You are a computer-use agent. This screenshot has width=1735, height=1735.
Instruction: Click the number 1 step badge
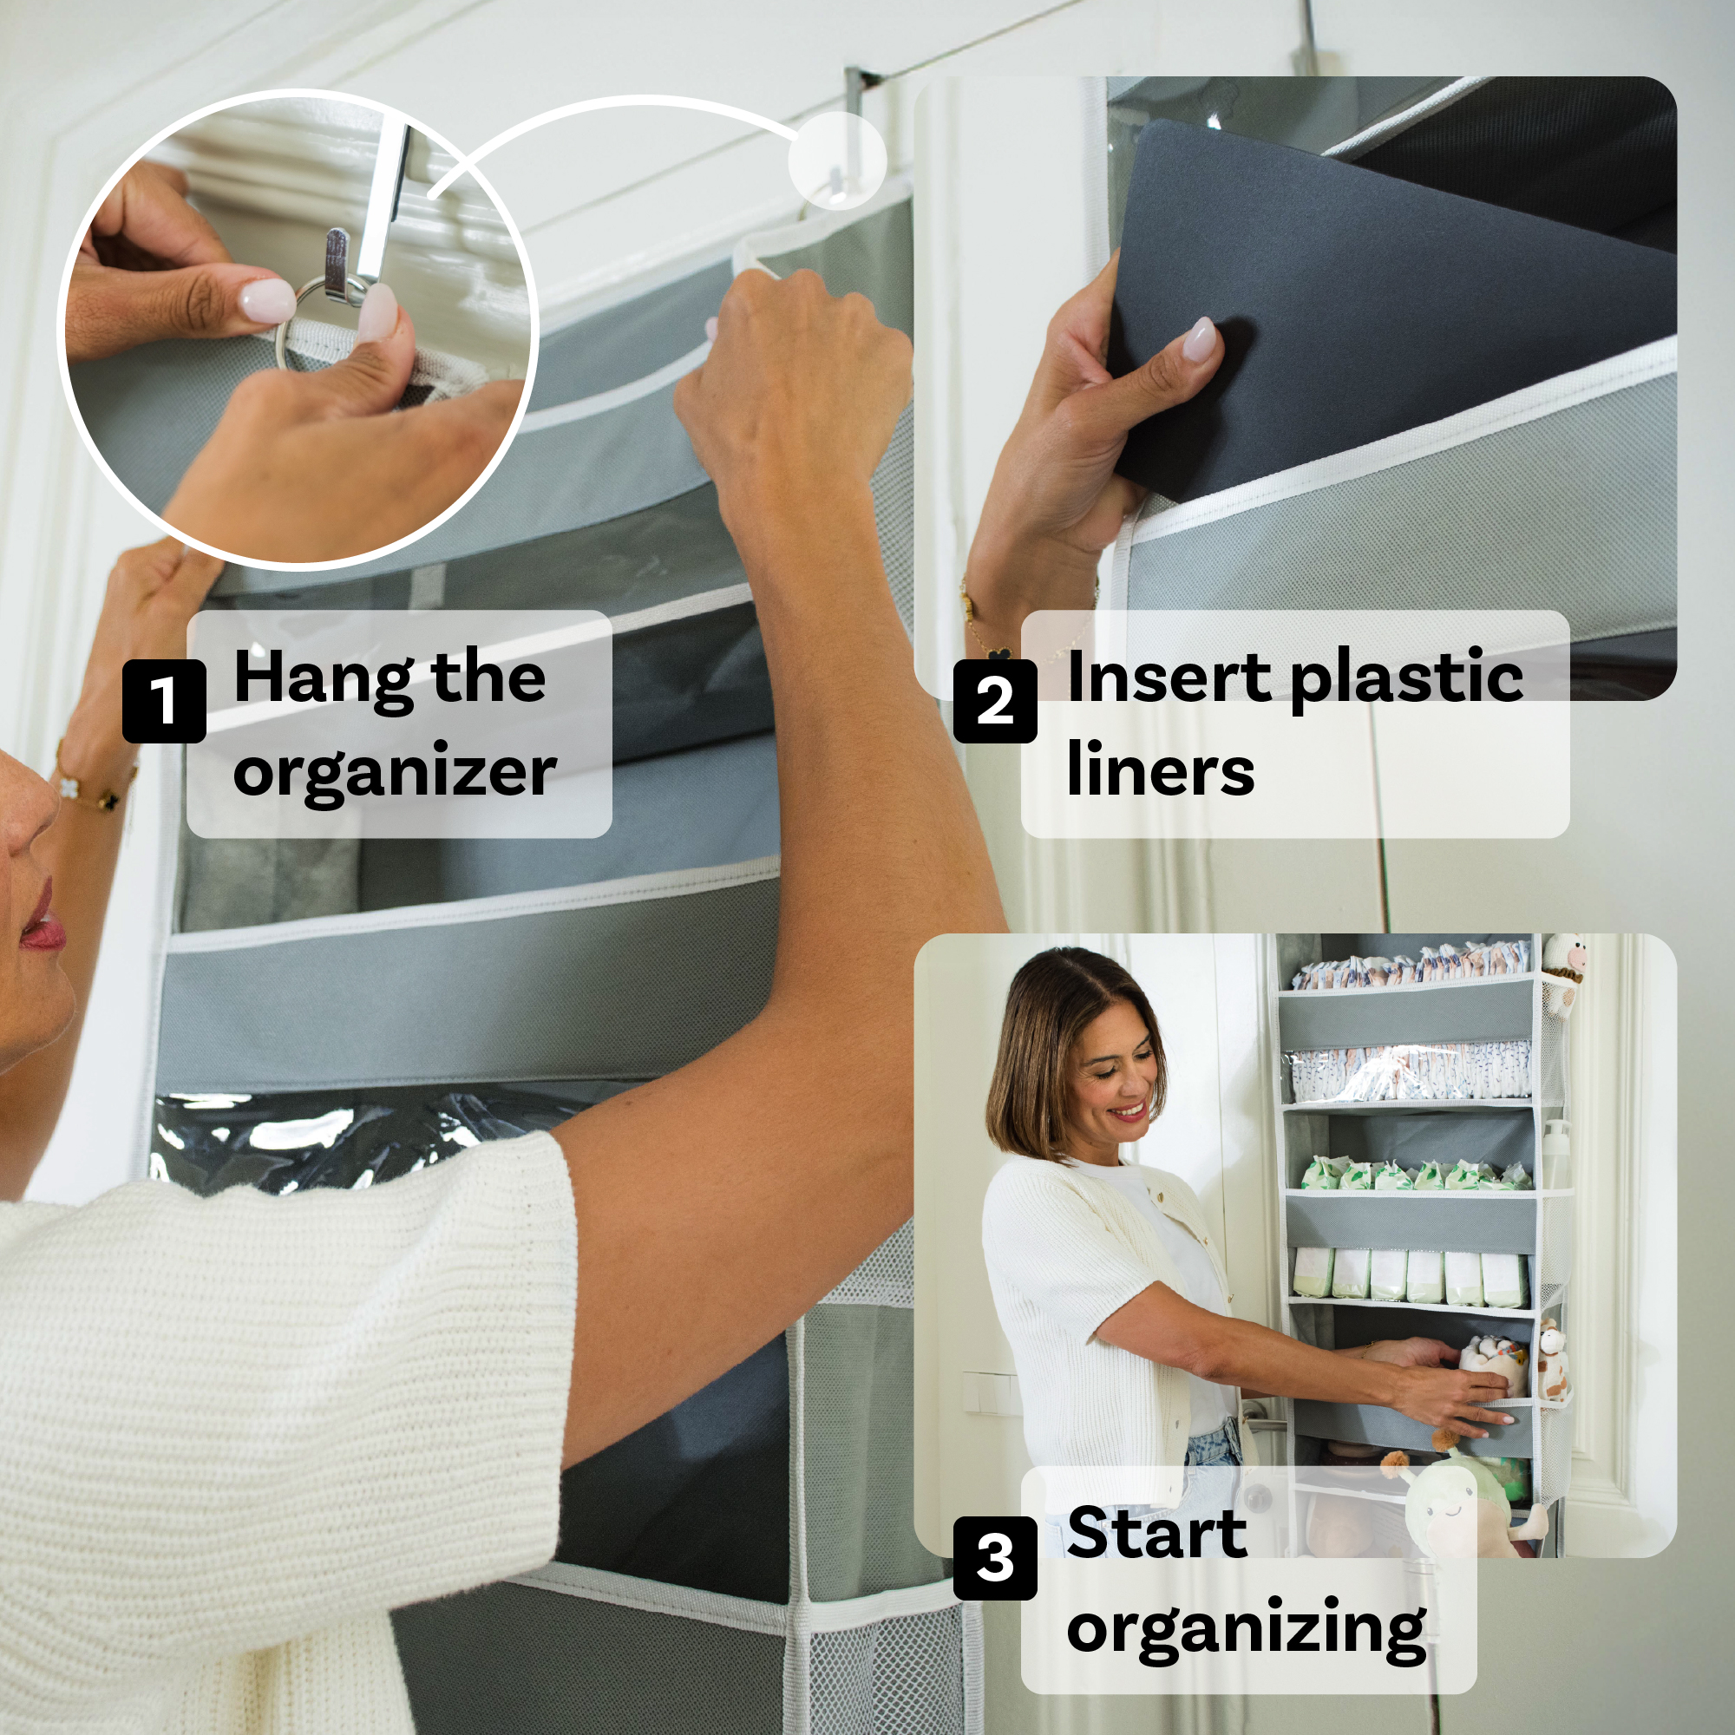(164, 700)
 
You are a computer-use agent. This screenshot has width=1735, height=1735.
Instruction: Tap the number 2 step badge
(995, 700)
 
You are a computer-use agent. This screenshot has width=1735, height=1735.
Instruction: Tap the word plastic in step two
(1406, 681)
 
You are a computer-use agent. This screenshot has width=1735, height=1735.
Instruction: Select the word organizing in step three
(1247, 1631)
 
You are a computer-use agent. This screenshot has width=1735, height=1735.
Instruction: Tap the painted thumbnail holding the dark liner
(1200, 339)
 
